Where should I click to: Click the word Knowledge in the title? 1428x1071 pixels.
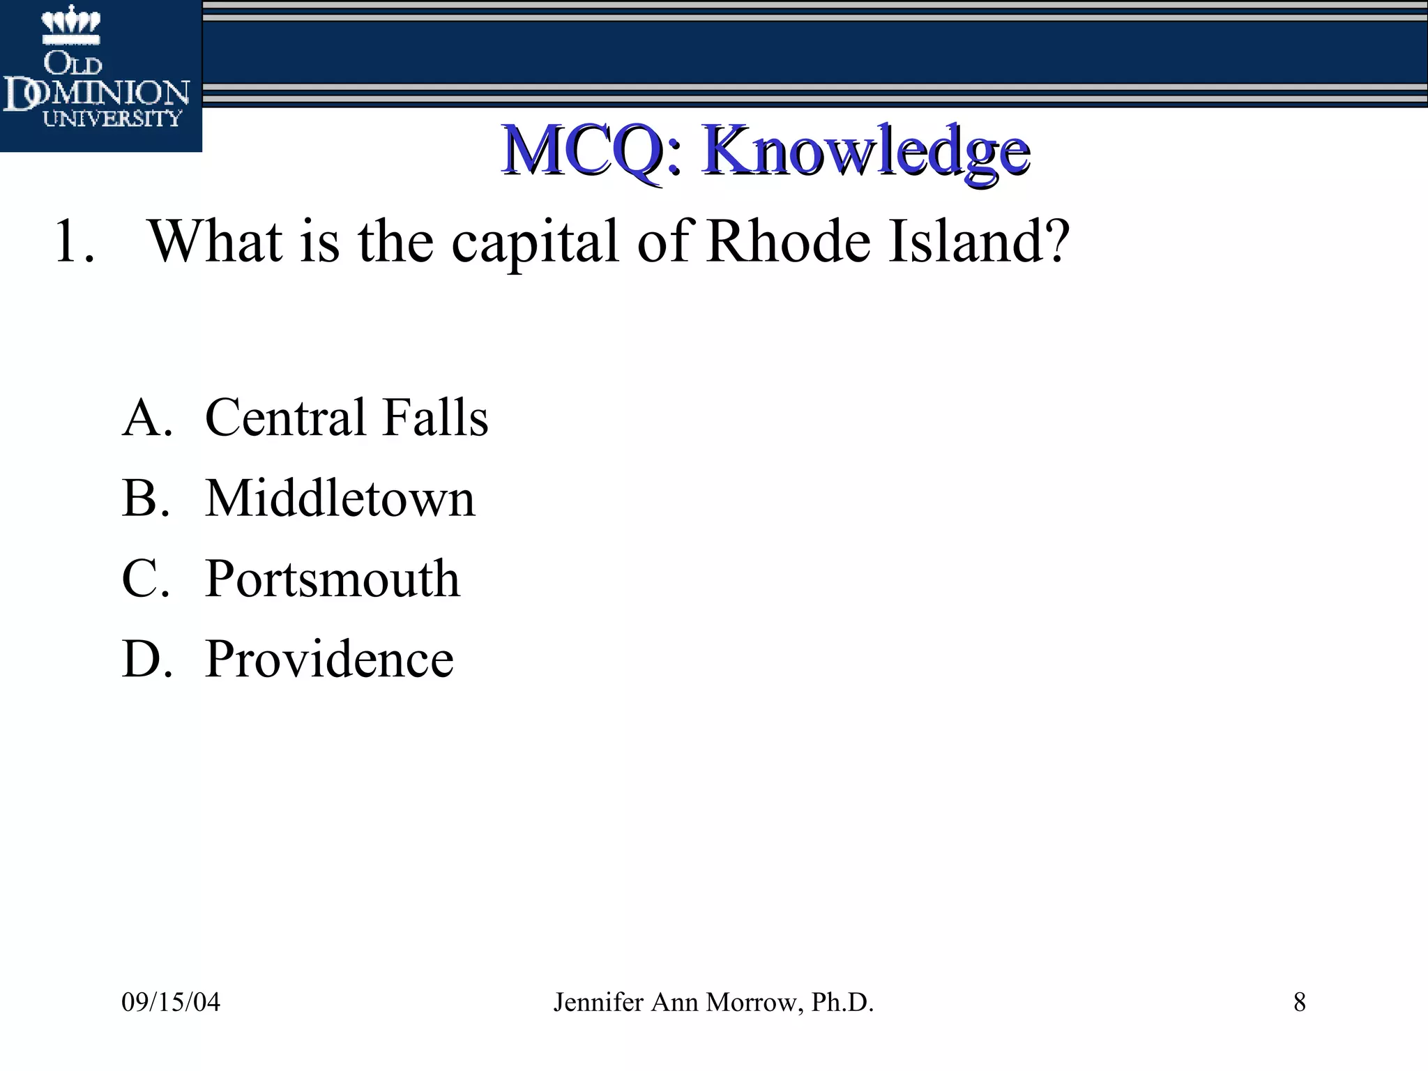point(866,151)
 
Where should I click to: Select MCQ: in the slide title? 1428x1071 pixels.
point(591,151)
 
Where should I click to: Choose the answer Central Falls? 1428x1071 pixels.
point(347,418)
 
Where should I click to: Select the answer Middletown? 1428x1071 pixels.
point(340,499)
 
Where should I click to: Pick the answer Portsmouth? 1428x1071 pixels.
point(333,579)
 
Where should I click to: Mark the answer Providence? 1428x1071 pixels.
point(329,659)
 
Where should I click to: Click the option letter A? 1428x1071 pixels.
point(146,418)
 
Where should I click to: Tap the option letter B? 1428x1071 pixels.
point(145,499)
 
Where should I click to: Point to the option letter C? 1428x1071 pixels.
point(145,579)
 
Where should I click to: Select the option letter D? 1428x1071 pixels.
point(146,659)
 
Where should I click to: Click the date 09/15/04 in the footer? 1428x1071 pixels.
point(171,1003)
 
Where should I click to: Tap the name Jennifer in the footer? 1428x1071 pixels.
point(598,1003)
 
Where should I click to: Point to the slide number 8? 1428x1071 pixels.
point(1300,1003)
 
